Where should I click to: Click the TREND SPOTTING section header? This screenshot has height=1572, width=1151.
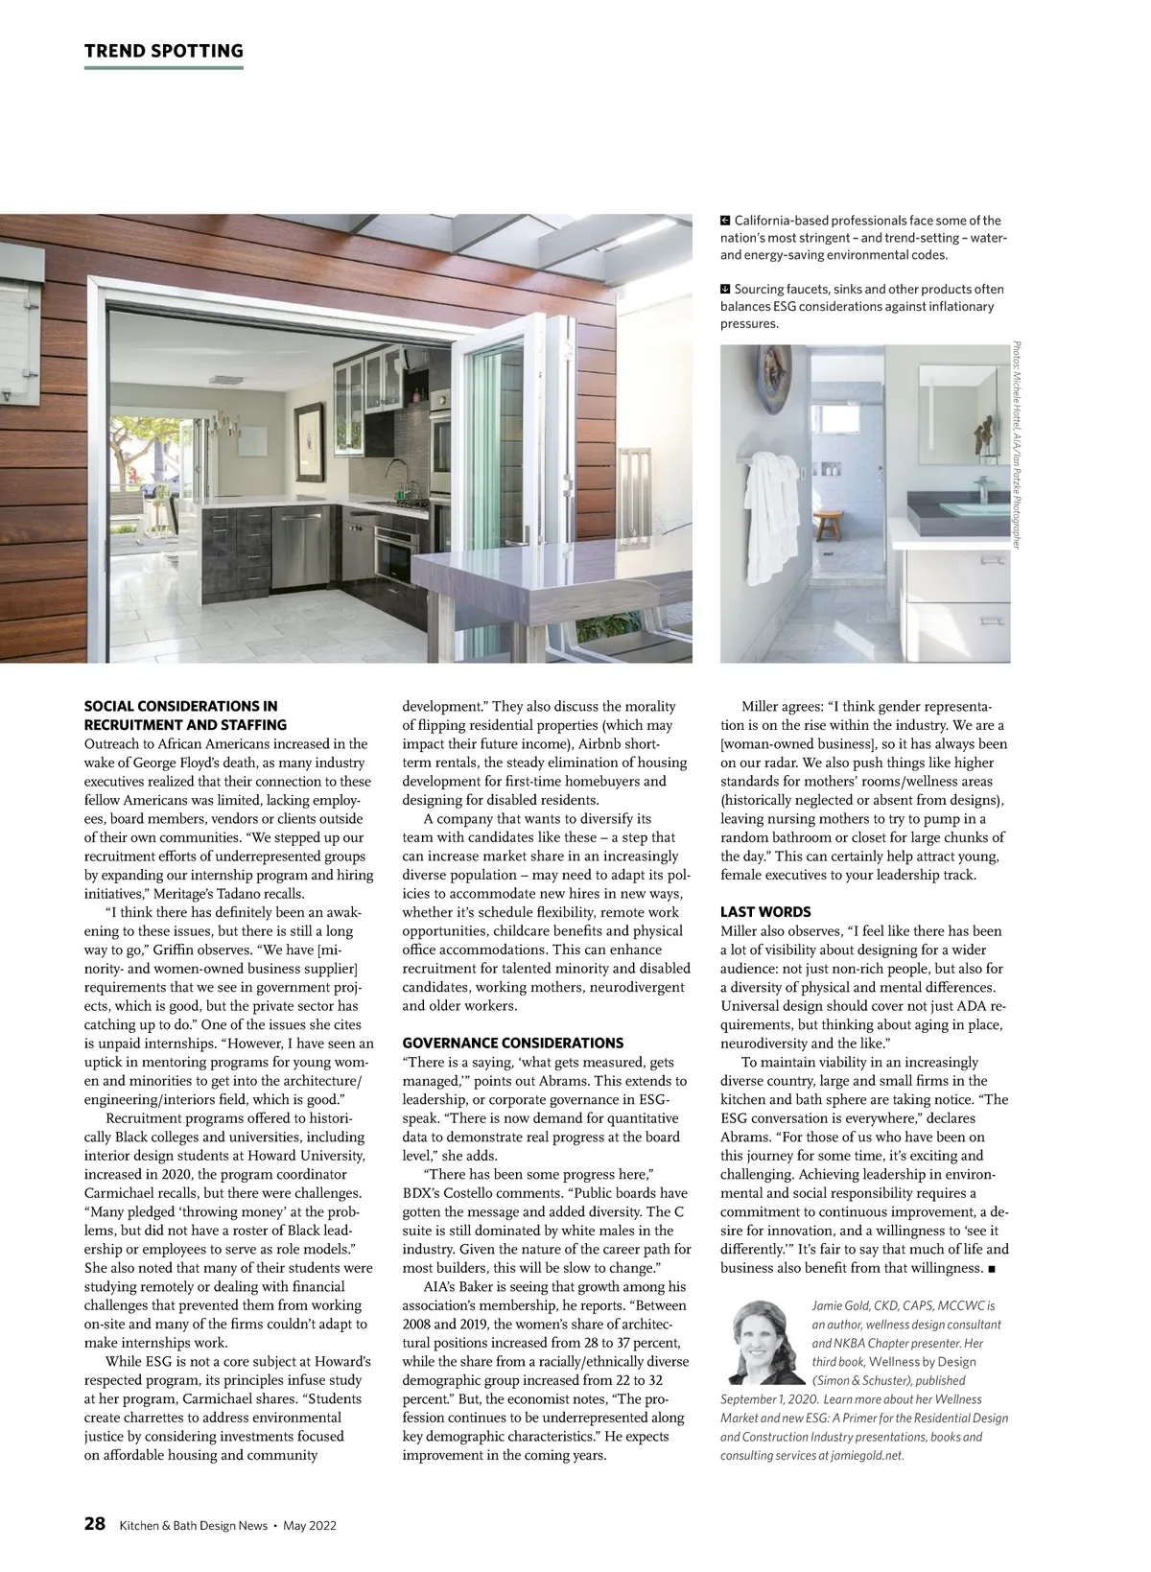(x=163, y=51)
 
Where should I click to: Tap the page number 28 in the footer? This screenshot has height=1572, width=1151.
(x=95, y=1524)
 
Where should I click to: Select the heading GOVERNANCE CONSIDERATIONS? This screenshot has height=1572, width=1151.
(x=512, y=1043)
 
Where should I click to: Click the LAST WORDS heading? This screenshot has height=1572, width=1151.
(x=765, y=912)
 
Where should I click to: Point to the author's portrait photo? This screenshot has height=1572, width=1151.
(x=763, y=1337)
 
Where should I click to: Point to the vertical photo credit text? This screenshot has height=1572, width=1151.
(x=1018, y=446)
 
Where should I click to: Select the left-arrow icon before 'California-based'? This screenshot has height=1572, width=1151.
(x=726, y=221)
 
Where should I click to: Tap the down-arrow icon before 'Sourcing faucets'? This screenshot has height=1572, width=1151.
(x=726, y=289)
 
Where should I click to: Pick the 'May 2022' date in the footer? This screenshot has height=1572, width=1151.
(x=310, y=1525)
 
